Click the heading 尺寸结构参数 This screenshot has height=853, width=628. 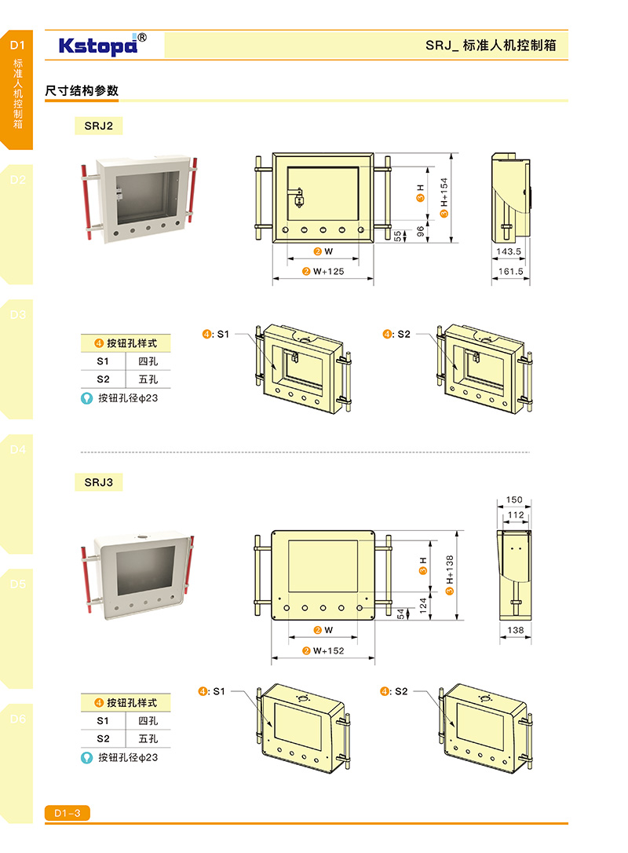82,91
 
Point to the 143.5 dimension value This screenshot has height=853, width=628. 509,251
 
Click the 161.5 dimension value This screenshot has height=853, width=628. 509,272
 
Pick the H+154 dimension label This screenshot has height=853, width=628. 444,196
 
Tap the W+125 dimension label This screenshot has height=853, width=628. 328,272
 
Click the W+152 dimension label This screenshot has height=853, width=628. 328,650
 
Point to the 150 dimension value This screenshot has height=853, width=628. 514,500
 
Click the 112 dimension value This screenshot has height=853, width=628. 514,515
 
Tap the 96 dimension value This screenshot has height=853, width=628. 419,231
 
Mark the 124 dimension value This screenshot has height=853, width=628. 421,606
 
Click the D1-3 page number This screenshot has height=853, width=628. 68,814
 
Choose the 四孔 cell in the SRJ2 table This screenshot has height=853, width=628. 148,361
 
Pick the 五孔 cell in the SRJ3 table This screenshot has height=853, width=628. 148,738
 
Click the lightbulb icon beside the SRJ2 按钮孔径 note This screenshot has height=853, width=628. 88,398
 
